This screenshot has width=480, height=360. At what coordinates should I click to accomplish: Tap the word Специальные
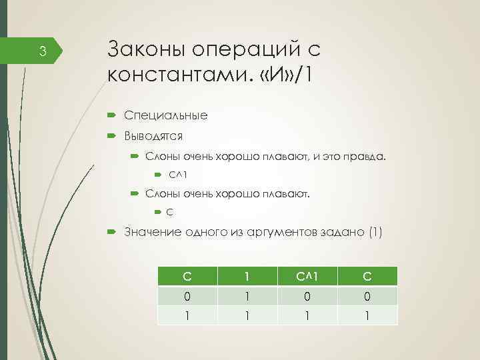[x=165, y=115]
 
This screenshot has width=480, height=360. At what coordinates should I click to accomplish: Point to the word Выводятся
[x=153, y=136]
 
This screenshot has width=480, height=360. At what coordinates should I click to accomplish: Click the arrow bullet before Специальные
[x=111, y=115]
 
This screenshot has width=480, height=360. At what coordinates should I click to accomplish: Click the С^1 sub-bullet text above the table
[x=177, y=175]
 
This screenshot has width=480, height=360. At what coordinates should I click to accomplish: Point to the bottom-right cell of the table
[x=367, y=315]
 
